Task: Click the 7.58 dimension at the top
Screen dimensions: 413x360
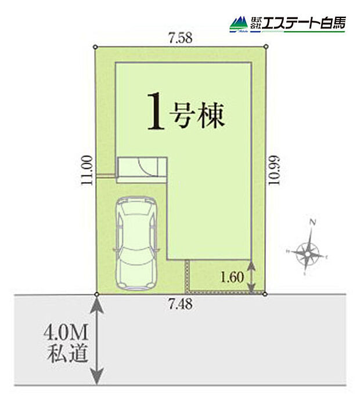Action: (x=179, y=39)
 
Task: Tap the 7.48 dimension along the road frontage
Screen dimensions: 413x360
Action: (x=178, y=303)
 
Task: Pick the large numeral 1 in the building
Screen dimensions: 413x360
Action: (x=154, y=114)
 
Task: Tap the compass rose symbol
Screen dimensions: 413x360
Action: (x=307, y=252)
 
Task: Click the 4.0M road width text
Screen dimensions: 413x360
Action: (x=65, y=334)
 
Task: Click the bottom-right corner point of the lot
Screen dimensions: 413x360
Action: (x=265, y=294)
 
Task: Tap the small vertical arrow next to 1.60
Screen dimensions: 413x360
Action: (x=251, y=276)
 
